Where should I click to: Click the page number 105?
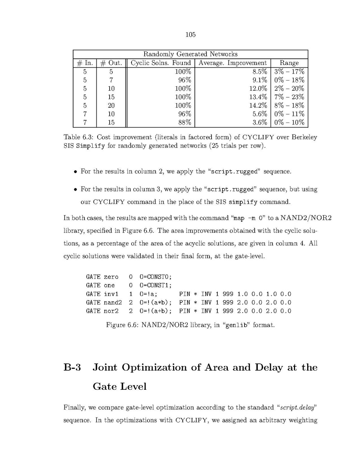point(190,35)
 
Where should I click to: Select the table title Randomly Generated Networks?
point(190,54)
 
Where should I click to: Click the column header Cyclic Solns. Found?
point(161,63)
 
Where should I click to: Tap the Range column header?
point(289,63)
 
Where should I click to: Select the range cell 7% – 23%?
point(289,97)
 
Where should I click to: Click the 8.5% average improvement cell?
point(260,72)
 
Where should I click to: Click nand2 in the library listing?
point(113,302)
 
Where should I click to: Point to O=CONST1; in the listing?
point(153,285)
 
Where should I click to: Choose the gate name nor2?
point(111,311)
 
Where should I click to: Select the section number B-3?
point(72,367)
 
